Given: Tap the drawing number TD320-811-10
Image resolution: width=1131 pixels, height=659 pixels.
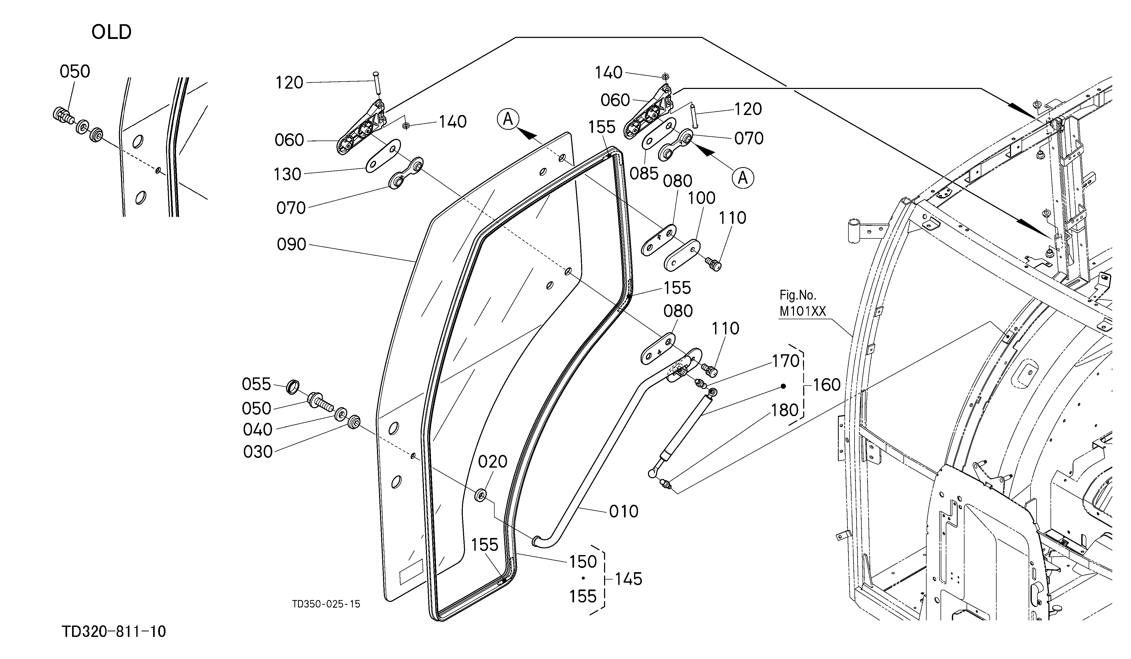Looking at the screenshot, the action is coord(114,632).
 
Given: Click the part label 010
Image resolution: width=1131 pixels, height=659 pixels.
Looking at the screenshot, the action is coord(624,511).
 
